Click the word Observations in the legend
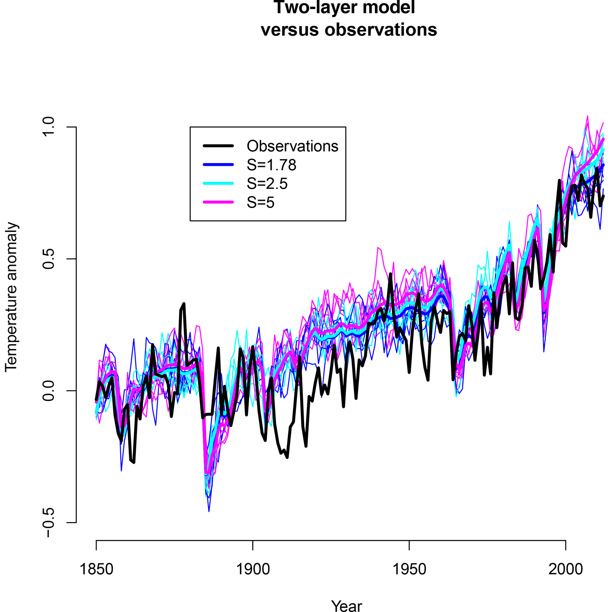(x=292, y=146)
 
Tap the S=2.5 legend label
(x=267, y=183)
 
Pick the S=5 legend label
(x=260, y=202)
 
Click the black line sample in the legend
(x=218, y=146)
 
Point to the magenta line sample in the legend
(x=218, y=202)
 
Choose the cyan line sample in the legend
(x=218, y=183)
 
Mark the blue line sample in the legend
(x=218, y=165)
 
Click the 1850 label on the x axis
(x=96, y=569)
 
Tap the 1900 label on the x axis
(x=253, y=569)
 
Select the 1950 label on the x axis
(x=409, y=569)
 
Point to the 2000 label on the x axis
(x=566, y=569)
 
